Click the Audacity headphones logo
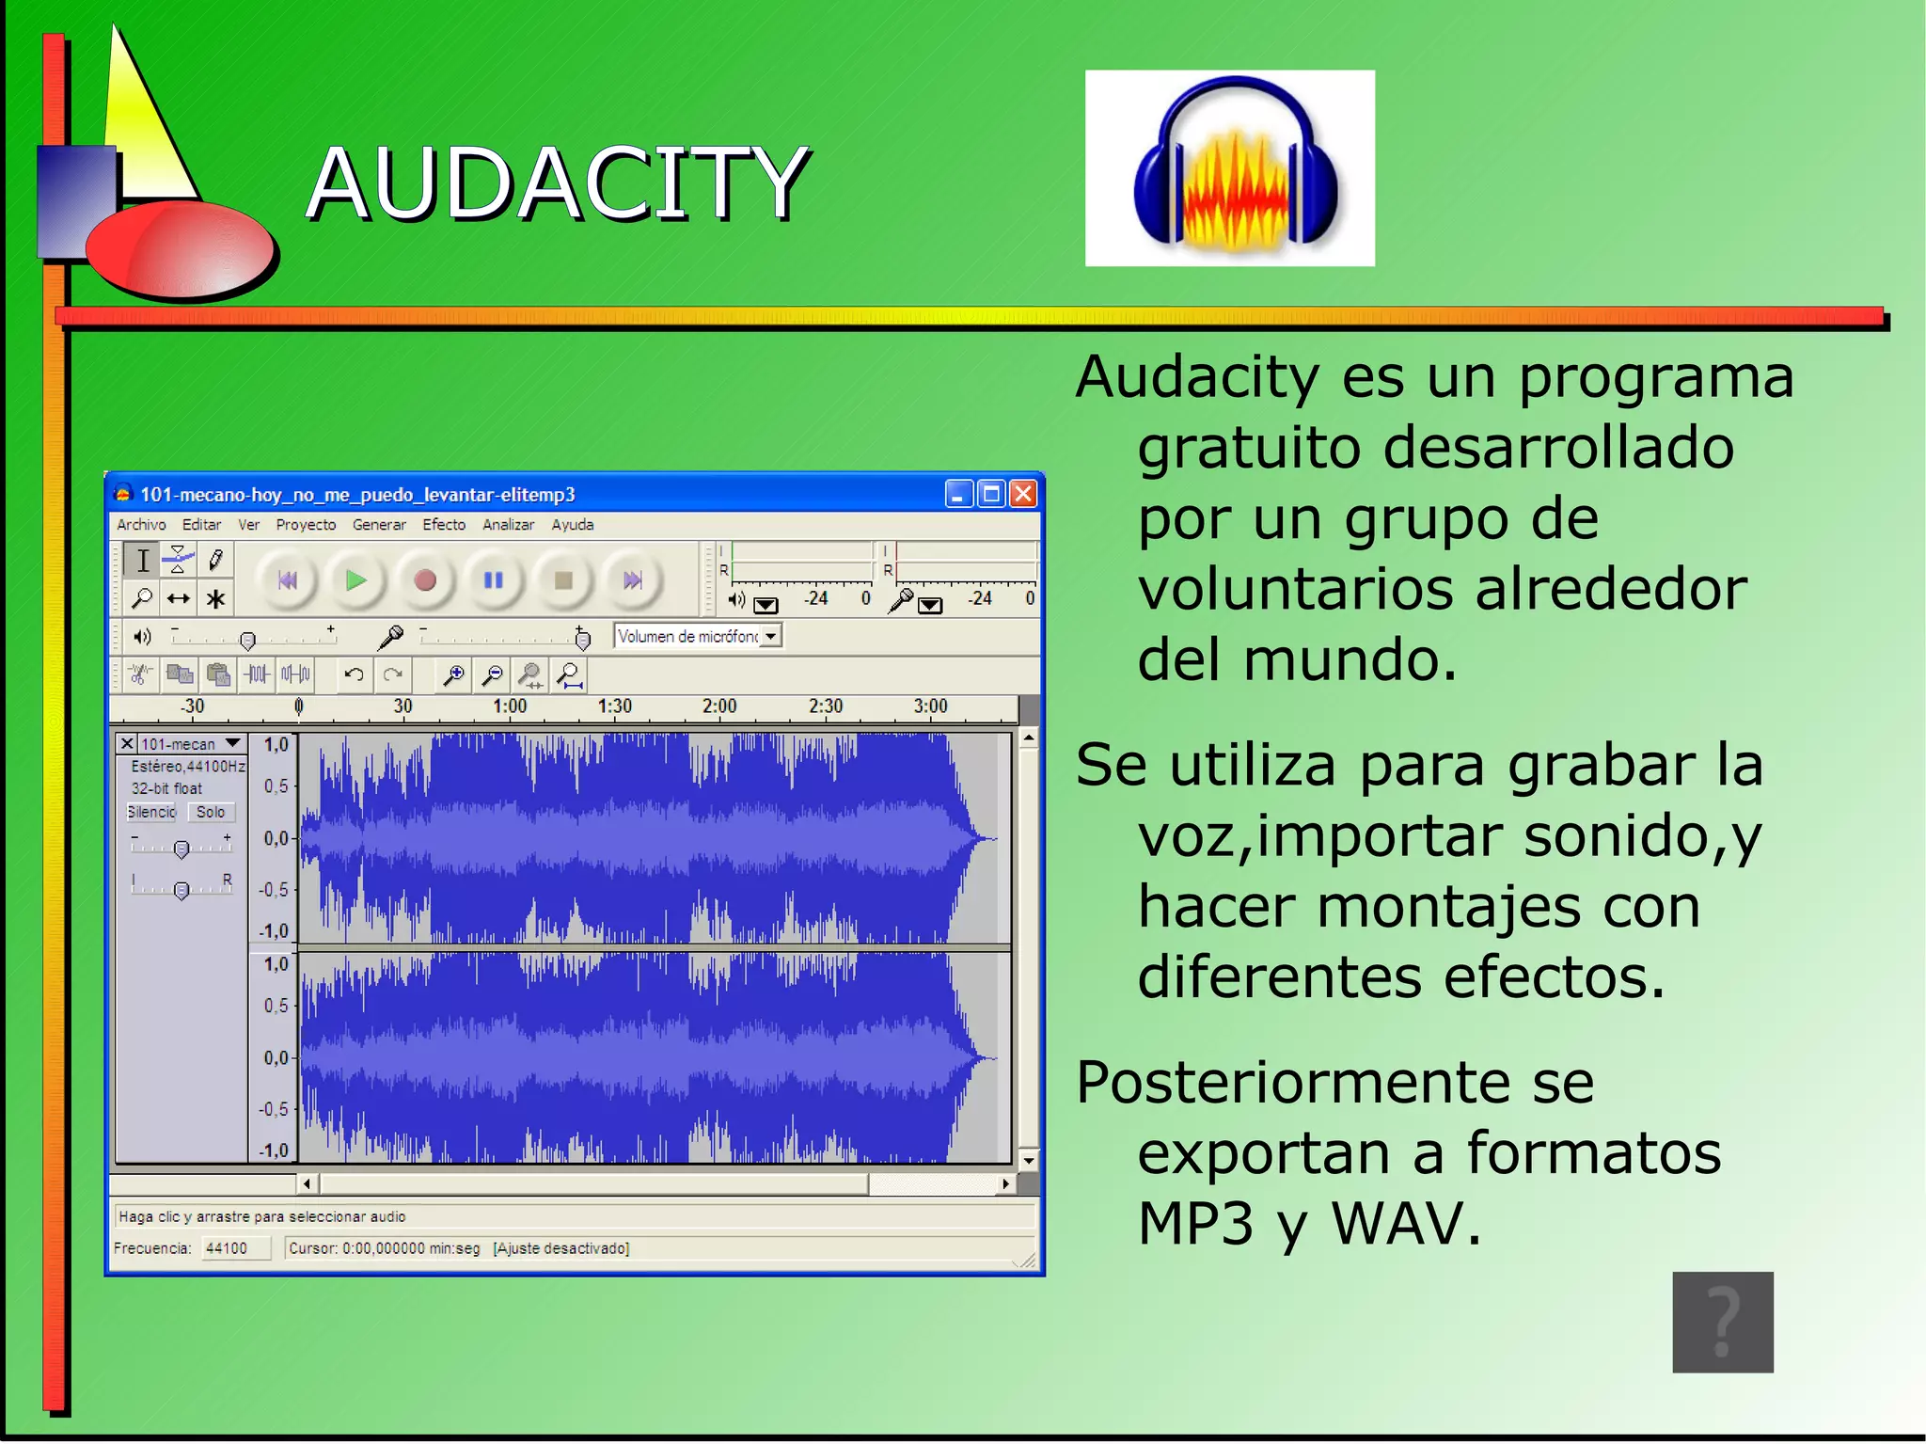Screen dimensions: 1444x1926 tap(1229, 169)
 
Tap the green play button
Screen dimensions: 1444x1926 tap(355, 580)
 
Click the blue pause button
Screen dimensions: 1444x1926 tap(494, 580)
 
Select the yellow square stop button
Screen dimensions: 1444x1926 tap(563, 580)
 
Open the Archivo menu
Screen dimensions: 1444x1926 tap(141, 525)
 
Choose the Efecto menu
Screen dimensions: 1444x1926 tap(444, 525)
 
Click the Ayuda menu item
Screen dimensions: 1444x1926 tap(572, 525)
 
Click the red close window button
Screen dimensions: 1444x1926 tap(1023, 494)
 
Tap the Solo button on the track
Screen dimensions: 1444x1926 tap(211, 812)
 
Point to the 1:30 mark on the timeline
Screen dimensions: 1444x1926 tap(615, 706)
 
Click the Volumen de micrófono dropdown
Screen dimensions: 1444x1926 tap(698, 637)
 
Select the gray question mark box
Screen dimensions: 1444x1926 tap(1722, 1322)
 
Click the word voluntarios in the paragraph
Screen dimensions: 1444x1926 tap(1296, 590)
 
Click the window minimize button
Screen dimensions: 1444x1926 tap(958, 494)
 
